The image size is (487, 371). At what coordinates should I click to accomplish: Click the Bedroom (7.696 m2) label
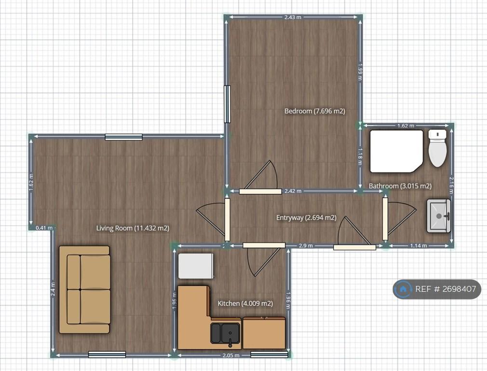[315, 111]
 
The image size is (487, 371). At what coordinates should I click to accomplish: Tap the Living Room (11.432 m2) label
[133, 228]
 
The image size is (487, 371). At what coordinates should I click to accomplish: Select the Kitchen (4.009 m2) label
[245, 303]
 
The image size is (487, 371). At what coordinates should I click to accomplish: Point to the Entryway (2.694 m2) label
[306, 217]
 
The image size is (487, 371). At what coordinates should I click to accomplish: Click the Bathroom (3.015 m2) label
[400, 186]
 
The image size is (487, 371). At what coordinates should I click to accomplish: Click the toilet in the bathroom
[438, 148]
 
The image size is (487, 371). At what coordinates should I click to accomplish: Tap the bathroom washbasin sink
[439, 216]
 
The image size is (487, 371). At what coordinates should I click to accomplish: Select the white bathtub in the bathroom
[396, 151]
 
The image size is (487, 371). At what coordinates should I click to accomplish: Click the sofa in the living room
[84, 289]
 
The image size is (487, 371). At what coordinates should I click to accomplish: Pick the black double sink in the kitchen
[226, 333]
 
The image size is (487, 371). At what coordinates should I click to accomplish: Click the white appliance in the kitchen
[196, 266]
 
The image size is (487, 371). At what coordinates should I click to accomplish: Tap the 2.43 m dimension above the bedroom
[293, 17]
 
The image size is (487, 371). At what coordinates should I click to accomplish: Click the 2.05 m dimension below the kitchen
[231, 355]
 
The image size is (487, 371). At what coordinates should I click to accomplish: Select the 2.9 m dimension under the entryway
[306, 245]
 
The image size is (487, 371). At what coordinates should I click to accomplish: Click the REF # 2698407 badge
[437, 289]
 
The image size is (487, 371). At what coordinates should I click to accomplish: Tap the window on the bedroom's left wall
[228, 104]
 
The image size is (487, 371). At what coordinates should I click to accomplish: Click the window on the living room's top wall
[123, 137]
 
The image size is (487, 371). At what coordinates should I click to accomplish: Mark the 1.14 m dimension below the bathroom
[419, 245]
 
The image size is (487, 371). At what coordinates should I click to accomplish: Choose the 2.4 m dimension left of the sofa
[53, 289]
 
